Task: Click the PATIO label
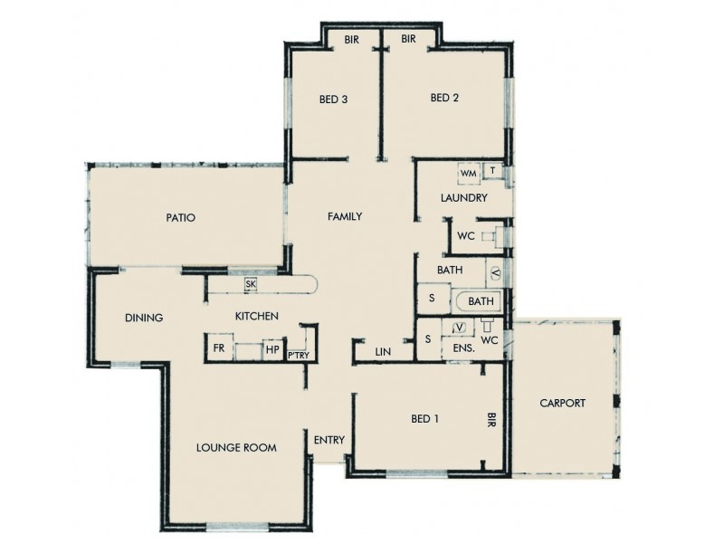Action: click(x=181, y=218)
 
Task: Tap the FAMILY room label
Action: click(x=345, y=216)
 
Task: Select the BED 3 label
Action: click(x=334, y=100)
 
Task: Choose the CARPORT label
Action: click(x=562, y=404)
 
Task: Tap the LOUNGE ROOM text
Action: click(x=236, y=448)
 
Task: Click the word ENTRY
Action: click(x=329, y=441)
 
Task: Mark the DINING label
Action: click(x=144, y=318)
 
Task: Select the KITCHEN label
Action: click(x=256, y=316)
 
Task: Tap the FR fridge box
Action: click(x=219, y=348)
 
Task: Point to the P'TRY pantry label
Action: click(x=299, y=356)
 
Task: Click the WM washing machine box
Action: click(x=468, y=173)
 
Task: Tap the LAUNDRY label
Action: click(x=464, y=198)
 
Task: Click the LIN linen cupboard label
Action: click(x=382, y=351)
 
